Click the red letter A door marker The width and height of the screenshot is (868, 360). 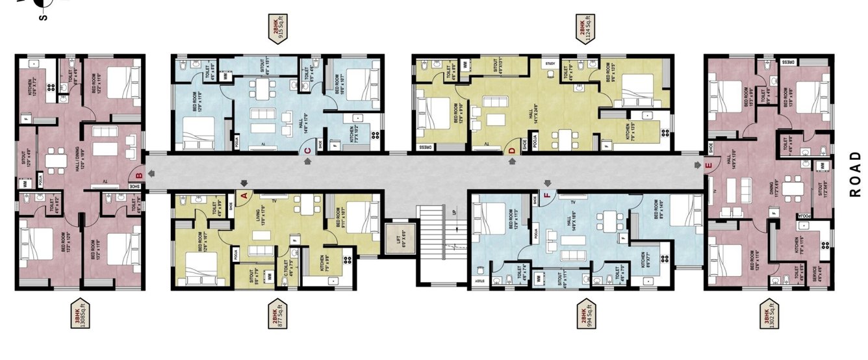pos(244,194)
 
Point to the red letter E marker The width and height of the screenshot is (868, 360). pos(709,166)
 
